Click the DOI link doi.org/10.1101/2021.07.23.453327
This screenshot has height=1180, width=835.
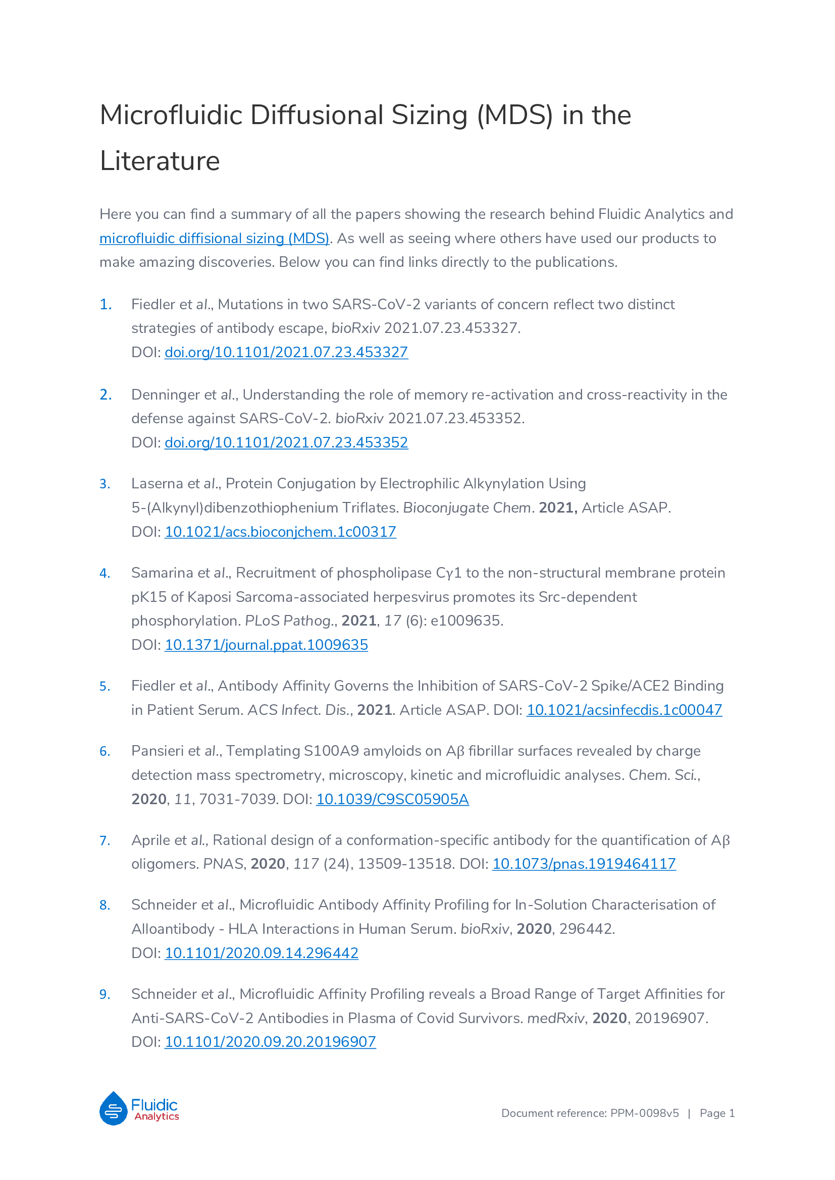286,353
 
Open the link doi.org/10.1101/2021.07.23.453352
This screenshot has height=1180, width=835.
286,442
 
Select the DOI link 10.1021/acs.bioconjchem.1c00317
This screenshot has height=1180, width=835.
280,532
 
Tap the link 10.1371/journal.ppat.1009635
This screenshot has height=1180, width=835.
267,645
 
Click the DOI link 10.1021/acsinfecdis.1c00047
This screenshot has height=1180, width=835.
623,710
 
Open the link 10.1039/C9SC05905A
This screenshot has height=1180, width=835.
392,800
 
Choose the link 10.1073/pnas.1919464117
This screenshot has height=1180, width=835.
584,864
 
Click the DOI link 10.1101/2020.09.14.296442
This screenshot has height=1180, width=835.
261,953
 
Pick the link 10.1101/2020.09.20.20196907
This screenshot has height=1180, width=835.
270,1042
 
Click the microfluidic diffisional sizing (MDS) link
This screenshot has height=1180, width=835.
214,239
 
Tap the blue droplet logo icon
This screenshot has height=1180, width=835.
113,1108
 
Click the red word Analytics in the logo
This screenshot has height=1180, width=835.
157,1116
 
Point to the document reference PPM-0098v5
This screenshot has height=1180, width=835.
644,1113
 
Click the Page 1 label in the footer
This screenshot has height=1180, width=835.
717,1113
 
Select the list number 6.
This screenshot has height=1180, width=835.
105,752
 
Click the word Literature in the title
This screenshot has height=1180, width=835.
160,161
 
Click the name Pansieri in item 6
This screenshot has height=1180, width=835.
158,751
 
